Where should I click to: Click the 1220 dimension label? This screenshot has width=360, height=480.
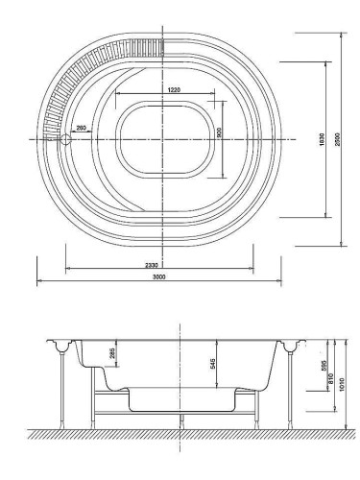pos(174,89)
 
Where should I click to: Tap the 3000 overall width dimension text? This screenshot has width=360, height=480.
pos(159,277)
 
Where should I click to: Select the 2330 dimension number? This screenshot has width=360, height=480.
pos(152,265)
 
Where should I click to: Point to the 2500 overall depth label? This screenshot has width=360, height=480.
pos(338,139)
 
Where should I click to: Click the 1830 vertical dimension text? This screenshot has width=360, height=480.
pos(322,139)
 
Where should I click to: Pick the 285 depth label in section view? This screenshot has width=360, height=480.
pos(112,353)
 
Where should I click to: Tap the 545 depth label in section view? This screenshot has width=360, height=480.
pos(212,364)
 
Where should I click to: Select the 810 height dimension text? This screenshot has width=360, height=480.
pos(331,378)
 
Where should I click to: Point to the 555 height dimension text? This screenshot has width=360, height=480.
pos(324,366)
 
